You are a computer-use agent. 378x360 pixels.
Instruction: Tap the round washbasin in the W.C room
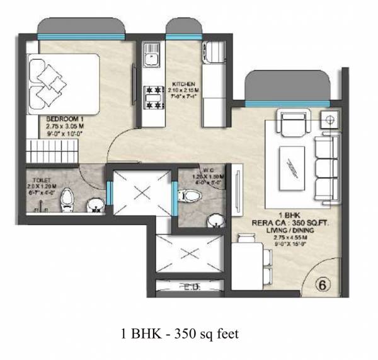[215, 220]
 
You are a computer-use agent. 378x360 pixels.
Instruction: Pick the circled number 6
[322, 284]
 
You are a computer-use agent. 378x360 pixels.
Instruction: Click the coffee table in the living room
[293, 166]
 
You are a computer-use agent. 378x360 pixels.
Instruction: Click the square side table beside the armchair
[328, 120]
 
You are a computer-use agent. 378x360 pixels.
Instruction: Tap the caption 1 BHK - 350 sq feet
[180, 334]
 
